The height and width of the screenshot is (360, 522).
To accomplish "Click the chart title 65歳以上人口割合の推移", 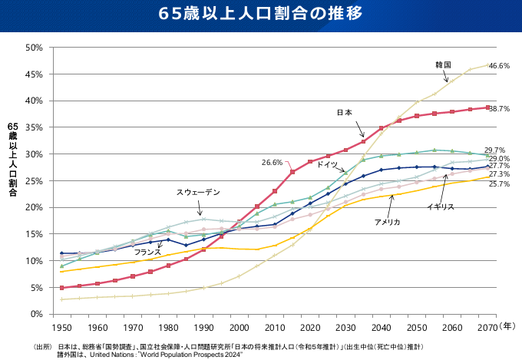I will (x=261, y=15).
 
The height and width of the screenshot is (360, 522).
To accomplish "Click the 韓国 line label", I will (x=443, y=64).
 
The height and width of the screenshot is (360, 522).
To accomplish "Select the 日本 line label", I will (x=345, y=113).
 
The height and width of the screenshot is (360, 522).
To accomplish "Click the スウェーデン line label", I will (x=198, y=192).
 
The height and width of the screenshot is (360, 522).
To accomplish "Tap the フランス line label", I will (x=147, y=252).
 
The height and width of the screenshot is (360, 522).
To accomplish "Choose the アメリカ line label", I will (x=387, y=222).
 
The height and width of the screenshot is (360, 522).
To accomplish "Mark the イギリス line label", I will (x=441, y=207).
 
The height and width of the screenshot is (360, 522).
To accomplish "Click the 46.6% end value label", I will (x=499, y=67).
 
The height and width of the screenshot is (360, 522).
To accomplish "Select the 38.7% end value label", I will (x=499, y=109).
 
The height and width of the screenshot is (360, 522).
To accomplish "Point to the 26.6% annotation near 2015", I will (x=273, y=163).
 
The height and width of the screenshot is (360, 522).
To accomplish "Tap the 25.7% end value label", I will (x=499, y=184).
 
